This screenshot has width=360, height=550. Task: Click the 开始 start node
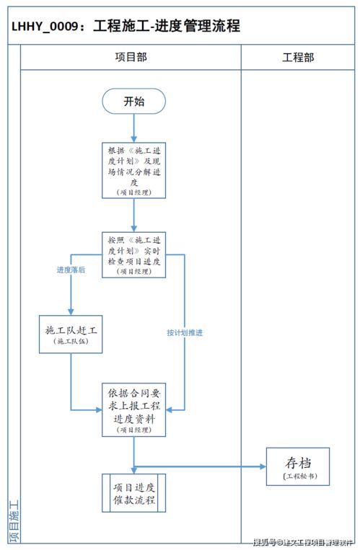[133, 102]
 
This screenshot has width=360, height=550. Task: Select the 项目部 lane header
[131, 57]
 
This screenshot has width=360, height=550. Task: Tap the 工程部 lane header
[298, 57]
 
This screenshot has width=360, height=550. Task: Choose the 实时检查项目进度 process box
[133, 254]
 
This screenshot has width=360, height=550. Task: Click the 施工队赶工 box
[71, 335]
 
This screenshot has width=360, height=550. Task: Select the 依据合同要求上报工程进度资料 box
[133, 409]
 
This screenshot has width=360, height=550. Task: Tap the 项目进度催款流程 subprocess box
[133, 493]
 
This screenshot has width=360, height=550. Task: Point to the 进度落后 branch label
[71, 270]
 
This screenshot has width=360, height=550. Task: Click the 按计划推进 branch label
[185, 333]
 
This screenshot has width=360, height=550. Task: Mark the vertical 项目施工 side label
[14, 520]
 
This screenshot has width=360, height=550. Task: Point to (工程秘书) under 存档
[298, 476]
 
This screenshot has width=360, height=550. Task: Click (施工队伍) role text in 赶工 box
[71, 342]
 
